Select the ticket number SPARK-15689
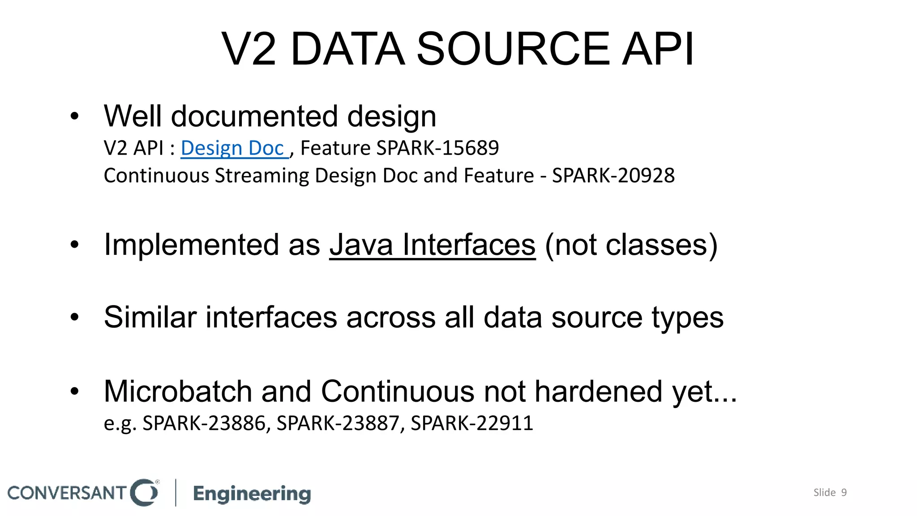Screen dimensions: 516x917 click(437, 148)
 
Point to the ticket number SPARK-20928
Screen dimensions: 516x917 click(613, 176)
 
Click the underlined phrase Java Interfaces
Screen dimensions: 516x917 click(433, 245)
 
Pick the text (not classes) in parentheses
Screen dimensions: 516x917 click(631, 245)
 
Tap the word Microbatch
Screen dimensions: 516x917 click(178, 391)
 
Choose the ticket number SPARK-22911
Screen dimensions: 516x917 click(472, 423)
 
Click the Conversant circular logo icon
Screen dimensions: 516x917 click(144, 493)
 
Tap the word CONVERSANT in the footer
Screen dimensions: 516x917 click(67, 493)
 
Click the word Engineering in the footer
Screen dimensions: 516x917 click(252, 494)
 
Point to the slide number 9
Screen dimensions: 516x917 click(844, 493)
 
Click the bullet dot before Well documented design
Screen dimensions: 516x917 click(74, 116)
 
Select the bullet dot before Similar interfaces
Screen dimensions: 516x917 click(74, 318)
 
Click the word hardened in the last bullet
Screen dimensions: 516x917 click(599, 391)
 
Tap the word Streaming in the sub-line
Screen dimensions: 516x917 click(262, 176)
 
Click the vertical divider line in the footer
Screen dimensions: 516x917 click(176, 493)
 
